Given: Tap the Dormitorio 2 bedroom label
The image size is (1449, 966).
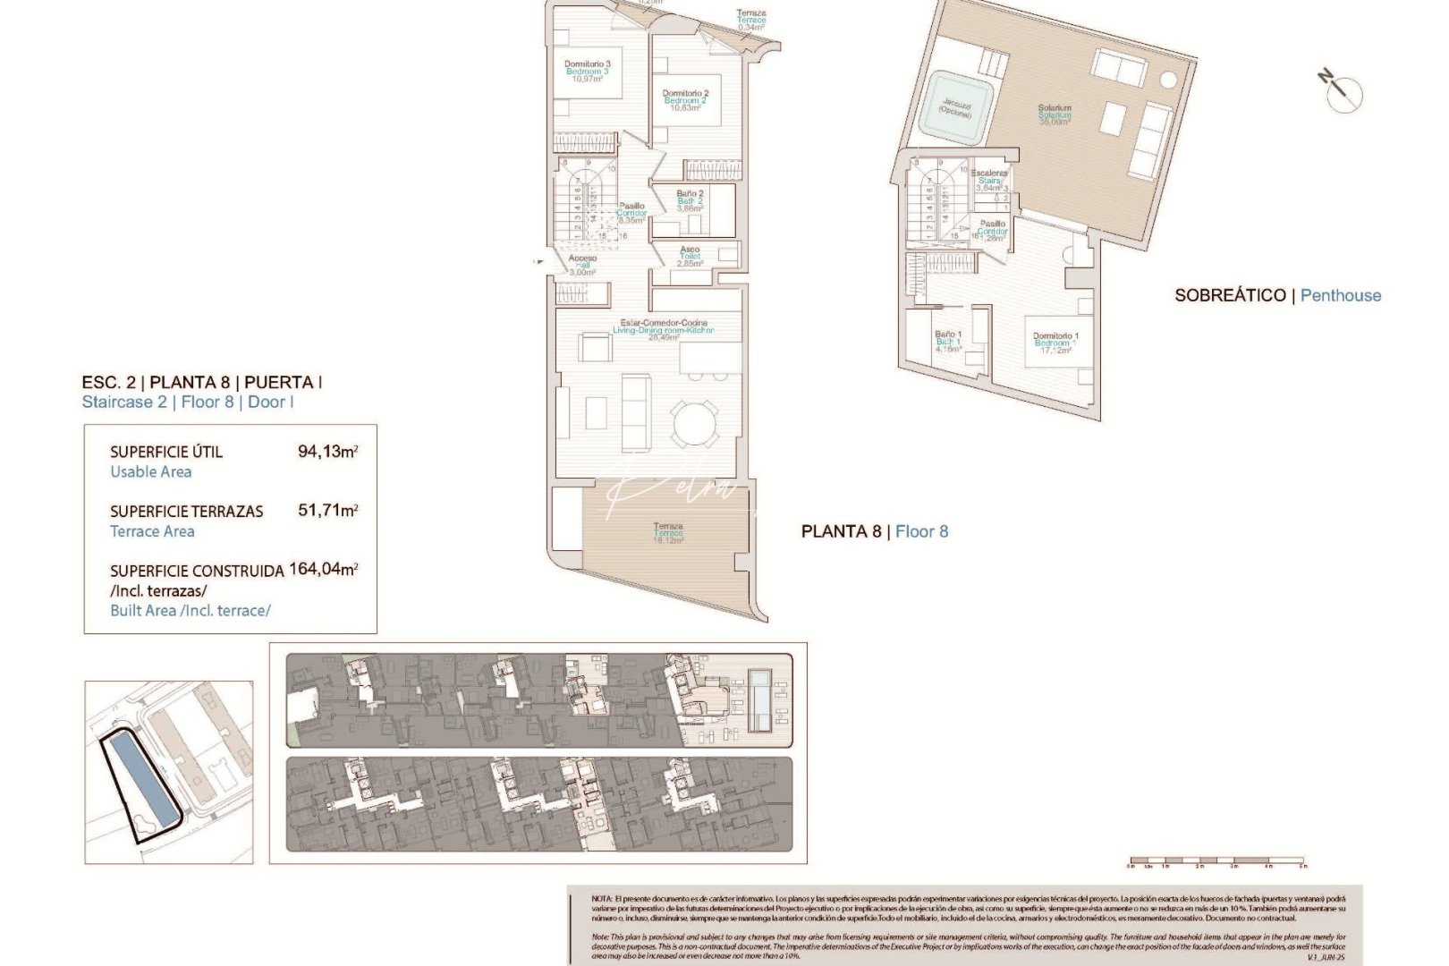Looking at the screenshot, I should [x=685, y=99].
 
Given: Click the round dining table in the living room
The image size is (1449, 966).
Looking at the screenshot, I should [x=695, y=424].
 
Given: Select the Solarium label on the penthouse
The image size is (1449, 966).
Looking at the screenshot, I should [x=1055, y=114].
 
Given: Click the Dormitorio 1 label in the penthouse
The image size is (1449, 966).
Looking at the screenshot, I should [x=1055, y=343].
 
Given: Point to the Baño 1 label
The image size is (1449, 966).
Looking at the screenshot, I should [x=948, y=341].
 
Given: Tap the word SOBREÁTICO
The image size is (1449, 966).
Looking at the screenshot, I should [x=1230, y=295].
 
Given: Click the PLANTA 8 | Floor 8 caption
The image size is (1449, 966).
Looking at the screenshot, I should [x=874, y=531].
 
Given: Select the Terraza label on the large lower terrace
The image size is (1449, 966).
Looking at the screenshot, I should [x=668, y=532].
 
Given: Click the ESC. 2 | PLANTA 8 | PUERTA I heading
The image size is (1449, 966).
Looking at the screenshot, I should [x=201, y=382].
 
